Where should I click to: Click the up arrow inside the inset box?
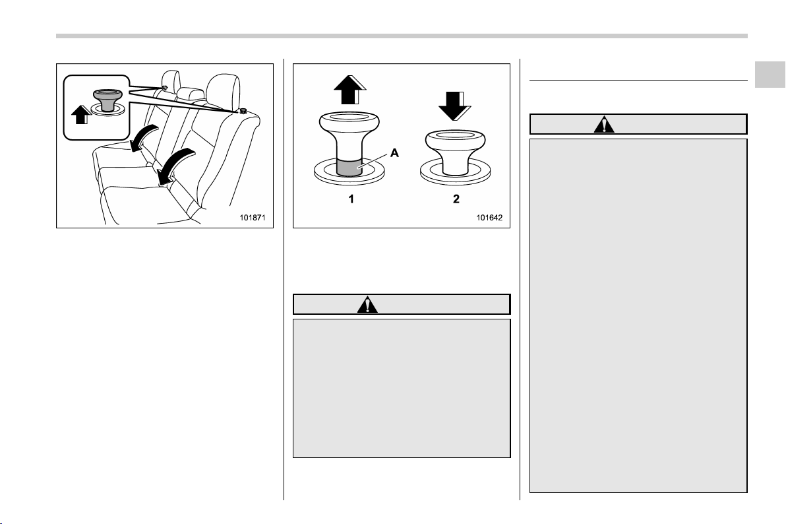[x=81, y=115]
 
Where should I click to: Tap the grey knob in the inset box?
[x=107, y=100]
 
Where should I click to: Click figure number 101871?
[x=252, y=218]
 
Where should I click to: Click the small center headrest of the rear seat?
[x=190, y=94]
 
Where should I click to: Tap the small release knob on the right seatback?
[x=243, y=111]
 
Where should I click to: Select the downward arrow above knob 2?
[x=455, y=106]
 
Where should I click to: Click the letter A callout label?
[x=394, y=152]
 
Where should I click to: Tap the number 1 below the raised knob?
[x=351, y=199]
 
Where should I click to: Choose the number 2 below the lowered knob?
[x=456, y=199]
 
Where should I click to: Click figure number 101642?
[x=489, y=218]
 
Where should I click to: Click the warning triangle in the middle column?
[x=367, y=304]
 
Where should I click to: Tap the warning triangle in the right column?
[x=604, y=124]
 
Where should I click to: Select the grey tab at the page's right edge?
[x=770, y=75]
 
